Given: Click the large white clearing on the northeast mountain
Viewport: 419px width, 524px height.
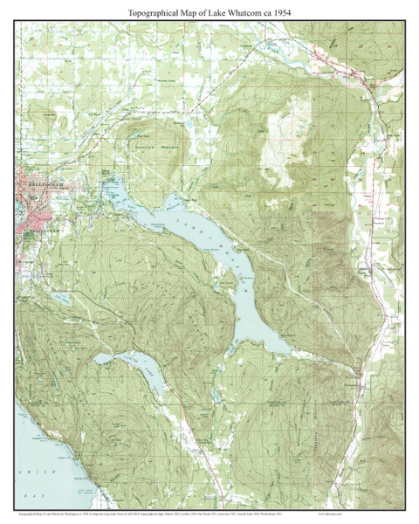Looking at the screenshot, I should click(x=279, y=131).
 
